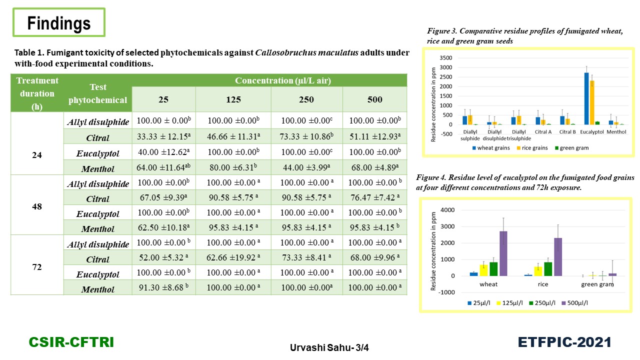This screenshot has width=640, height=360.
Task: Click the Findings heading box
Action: coord(59,22)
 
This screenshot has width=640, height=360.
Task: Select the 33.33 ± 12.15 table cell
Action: coord(163,136)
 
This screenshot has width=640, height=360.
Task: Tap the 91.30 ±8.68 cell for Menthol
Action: coord(163,287)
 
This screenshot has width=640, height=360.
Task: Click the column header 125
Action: coord(233,99)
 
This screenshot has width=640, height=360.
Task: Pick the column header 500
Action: coord(374,99)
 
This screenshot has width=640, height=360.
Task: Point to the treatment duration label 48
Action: coord(37,206)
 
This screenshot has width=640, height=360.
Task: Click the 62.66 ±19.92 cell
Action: coord(233,257)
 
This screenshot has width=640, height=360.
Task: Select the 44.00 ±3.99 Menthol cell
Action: coord(306,167)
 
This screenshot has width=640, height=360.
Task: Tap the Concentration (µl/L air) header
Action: coord(283,80)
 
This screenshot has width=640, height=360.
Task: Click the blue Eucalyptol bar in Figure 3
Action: coord(586,98)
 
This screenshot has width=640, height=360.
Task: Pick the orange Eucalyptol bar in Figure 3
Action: coord(592,102)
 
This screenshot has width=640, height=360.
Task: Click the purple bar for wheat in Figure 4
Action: coord(503,253)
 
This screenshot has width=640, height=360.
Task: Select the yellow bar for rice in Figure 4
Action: coord(538,271)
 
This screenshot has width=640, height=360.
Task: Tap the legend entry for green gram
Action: coord(571,148)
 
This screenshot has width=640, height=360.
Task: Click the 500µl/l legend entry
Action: coord(575,303)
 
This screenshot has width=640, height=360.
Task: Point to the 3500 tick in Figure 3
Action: coord(446,58)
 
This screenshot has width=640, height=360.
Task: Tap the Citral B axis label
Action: coord(567,132)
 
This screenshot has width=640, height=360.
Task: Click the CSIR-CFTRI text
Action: coord(71,342)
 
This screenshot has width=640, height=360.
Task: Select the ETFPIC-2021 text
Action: coord(564,342)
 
